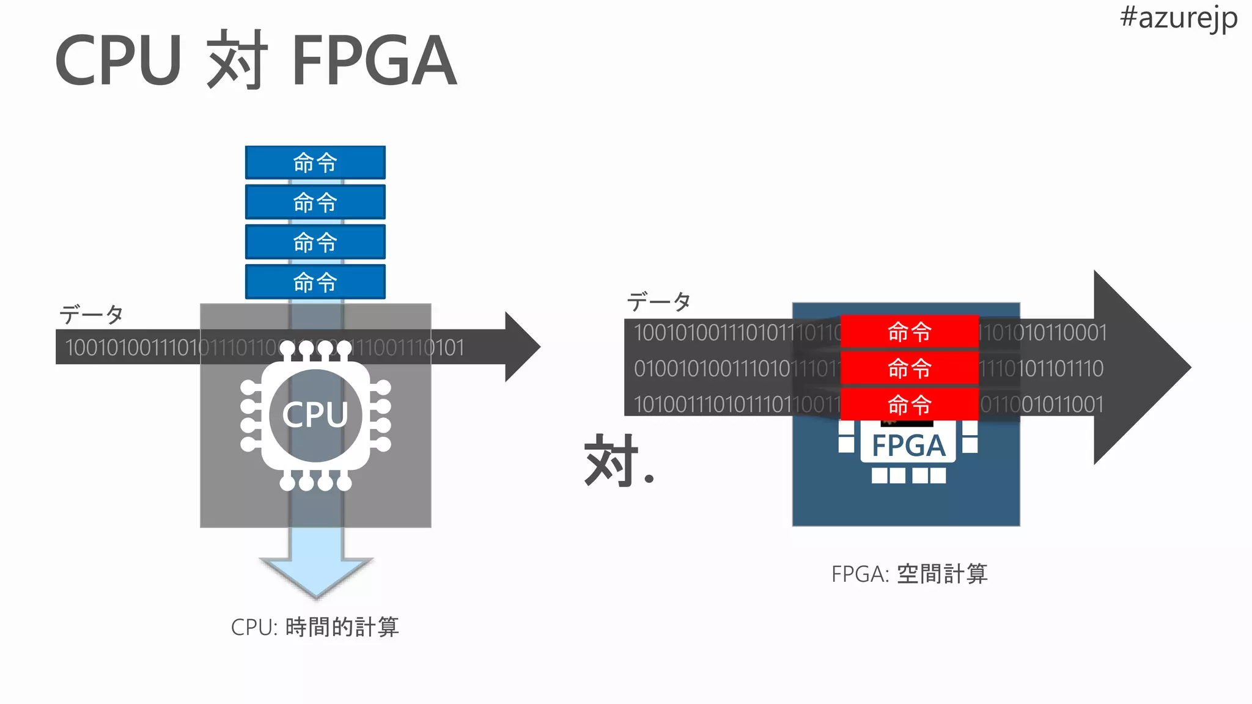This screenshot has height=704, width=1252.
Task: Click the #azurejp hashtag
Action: tap(1178, 18)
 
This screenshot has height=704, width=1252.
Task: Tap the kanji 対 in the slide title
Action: tap(237, 60)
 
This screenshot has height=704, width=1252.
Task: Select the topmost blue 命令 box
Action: tap(315, 163)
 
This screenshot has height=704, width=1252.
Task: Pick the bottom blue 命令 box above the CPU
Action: tap(315, 282)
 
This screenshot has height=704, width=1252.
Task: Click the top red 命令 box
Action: tap(909, 332)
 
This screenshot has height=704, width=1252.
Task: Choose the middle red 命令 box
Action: tap(909, 368)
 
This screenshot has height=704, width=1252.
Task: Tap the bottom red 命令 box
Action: tap(909, 404)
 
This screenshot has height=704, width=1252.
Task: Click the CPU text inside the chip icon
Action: tap(315, 415)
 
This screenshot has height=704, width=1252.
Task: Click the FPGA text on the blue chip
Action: tap(908, 446)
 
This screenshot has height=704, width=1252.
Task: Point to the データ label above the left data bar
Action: tap(91, 314)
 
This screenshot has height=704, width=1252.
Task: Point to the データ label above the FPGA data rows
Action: tap(658, 301)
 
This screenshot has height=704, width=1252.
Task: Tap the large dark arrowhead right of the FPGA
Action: tap(1137, 367)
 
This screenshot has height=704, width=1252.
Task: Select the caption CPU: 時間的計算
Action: tap(315, 627)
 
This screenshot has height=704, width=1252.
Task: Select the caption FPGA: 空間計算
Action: tap(909, 574)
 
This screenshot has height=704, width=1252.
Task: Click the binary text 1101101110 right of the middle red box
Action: tap(1042, 369)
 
